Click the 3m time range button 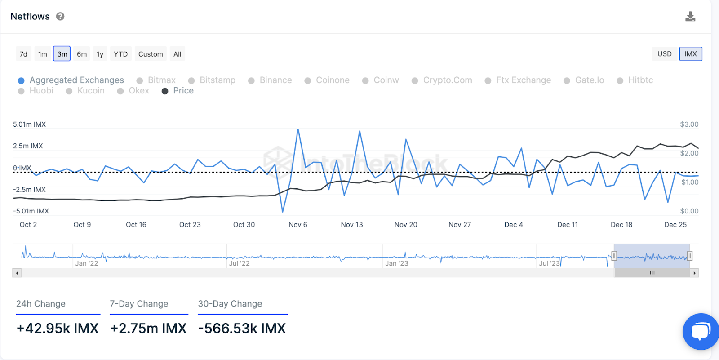point(62,54)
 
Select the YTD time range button point(120,54)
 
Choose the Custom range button point(151,54)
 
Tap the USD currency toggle point(664,54)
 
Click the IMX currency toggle point(691,54)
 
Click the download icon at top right point(690,17)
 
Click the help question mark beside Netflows point(60,17)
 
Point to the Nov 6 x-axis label point(298,225)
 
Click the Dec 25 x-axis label point(675,225)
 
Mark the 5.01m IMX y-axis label point(30,124)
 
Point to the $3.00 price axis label point(689,124)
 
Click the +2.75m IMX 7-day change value point(148,329)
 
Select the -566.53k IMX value point(242,329)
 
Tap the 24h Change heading point(41,304)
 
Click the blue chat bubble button point(701,332)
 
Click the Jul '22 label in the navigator point(239,263)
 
